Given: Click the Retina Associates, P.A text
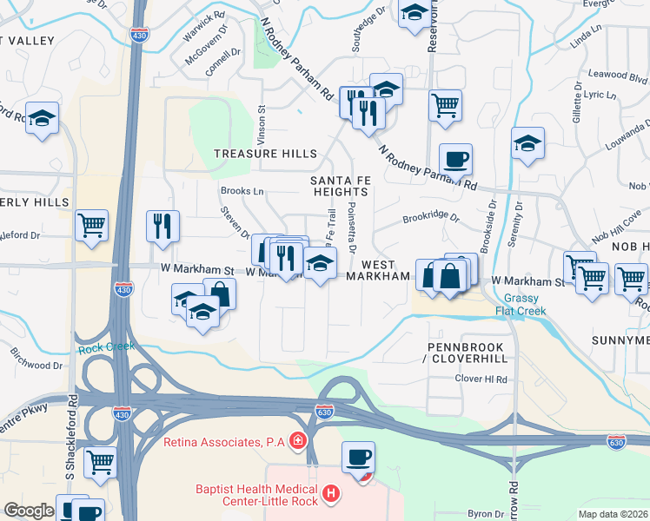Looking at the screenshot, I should coord(225,442).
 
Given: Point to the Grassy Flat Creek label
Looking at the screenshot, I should coord(528,303).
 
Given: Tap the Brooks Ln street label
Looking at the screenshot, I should coord(242,191).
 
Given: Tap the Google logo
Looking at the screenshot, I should coord(29,511).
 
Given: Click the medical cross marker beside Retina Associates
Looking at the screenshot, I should coord(298,441).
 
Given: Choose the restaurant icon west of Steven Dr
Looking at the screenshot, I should coord(162,226).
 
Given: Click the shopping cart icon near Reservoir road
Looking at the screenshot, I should coord(445,105).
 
